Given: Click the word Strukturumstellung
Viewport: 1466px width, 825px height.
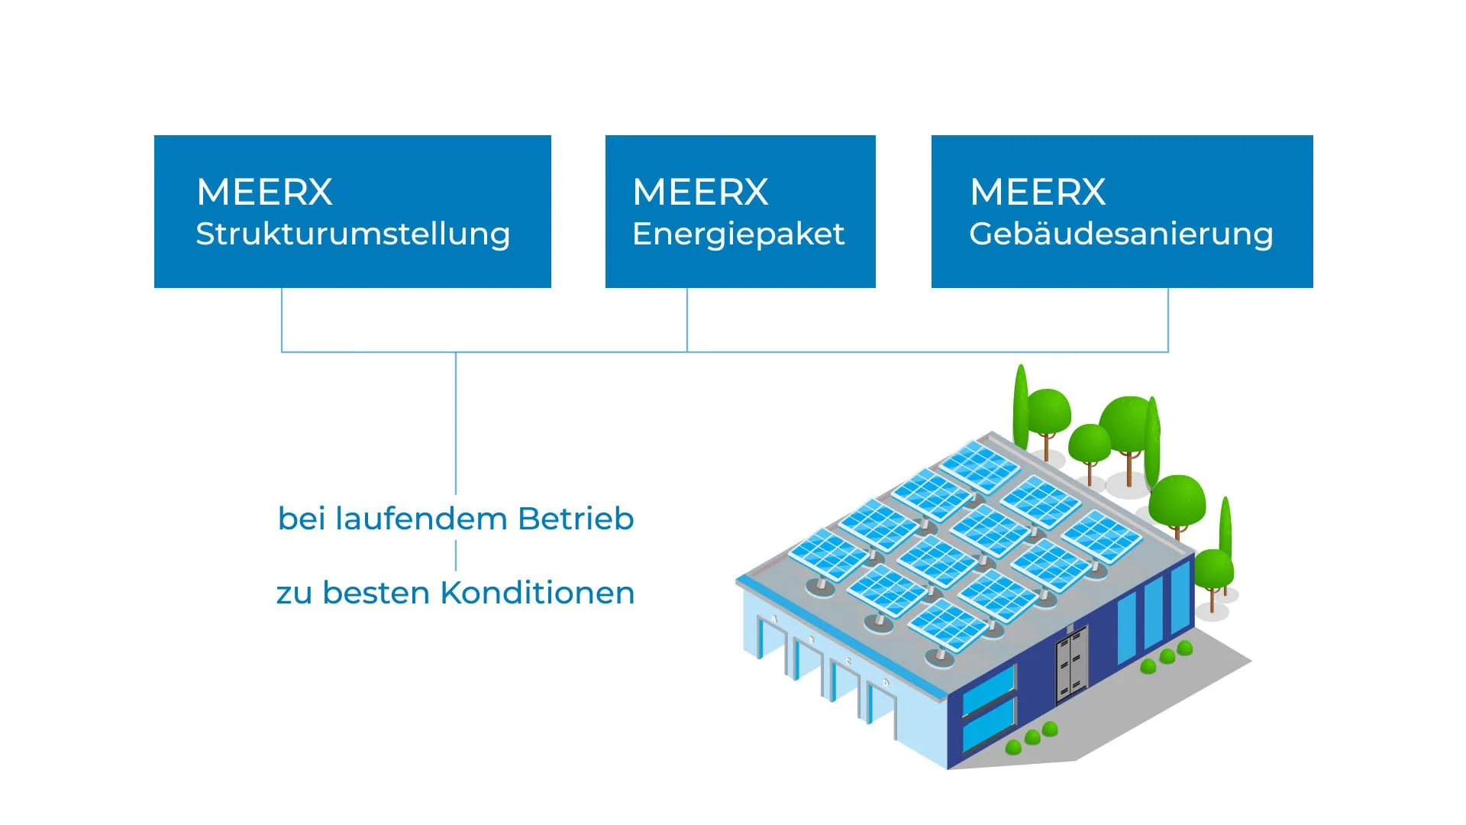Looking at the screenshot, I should click(353, 234).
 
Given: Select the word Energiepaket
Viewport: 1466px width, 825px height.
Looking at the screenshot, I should click(738, 234).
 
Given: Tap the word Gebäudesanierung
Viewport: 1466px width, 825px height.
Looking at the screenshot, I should click(1121, 234).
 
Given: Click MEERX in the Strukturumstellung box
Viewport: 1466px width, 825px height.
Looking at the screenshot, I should click(264, 192).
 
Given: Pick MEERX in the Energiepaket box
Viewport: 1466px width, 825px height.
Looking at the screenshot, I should click(700, 192).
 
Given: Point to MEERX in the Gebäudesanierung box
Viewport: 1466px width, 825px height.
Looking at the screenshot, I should click(1038, 192).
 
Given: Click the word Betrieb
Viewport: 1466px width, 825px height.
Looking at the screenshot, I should click(576, 519).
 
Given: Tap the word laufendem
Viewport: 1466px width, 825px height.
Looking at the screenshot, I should click(421, 519).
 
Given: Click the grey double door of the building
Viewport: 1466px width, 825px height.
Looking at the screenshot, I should click(1071, 665).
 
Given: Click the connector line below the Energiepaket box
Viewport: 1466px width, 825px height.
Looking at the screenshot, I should click(687, 319).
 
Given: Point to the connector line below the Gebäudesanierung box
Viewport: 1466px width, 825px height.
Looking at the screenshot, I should click(1168, 319).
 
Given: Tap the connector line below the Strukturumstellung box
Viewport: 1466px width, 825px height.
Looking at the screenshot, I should click(282, 319).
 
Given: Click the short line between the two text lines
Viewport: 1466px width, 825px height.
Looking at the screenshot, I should click(456, 555).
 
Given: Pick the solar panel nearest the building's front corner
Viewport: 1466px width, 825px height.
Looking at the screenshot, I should click(948, 624).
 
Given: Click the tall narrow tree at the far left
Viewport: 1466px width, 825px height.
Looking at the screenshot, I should click(1020, 409).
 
